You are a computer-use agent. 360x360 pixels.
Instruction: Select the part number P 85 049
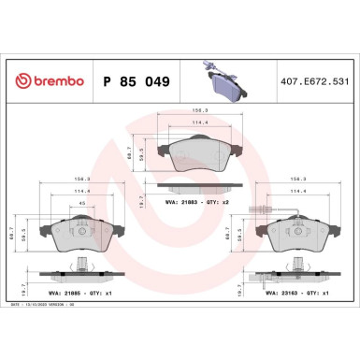pyautogui.click(x=135, y=82)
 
